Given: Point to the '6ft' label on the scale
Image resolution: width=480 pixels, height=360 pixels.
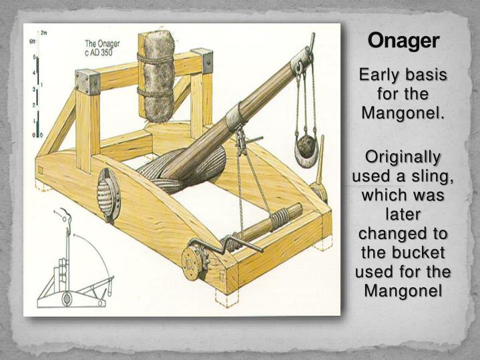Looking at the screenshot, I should [32, 42].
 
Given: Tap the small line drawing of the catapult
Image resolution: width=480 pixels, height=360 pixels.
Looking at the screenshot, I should [73, 264].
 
